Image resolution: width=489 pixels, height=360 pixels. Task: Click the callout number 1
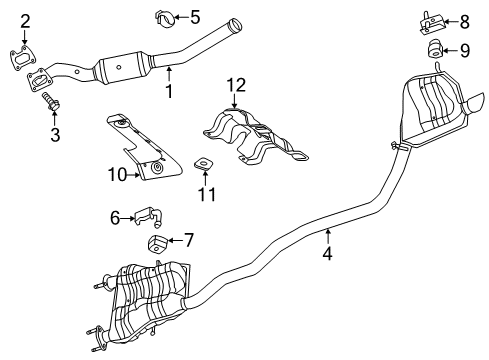coord(169,92)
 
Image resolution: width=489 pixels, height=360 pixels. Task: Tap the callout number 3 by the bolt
coord(55,134)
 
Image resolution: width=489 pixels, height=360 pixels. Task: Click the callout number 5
coord(195,16)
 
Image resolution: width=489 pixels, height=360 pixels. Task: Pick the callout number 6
coord(115,215)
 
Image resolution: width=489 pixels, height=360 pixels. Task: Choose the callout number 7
coord(187,239)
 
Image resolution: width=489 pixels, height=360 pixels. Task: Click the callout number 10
coord(117,174)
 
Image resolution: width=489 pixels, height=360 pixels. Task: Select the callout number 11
coord(206,194)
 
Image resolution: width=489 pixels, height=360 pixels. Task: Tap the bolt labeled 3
coord(51,102)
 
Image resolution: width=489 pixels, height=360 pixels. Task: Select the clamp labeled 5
coord(166,17)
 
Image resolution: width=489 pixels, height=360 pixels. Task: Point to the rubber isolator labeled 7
coord(156,243)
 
